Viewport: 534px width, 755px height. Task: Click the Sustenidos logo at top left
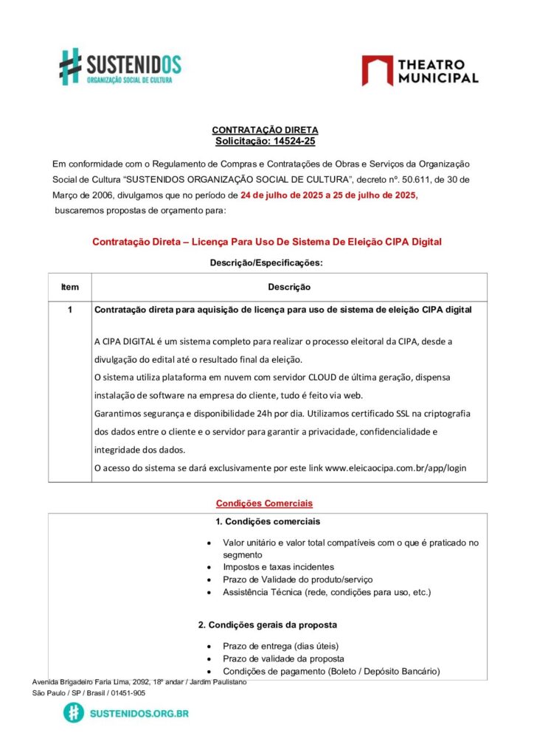120,66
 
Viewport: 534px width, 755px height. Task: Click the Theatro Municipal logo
420,71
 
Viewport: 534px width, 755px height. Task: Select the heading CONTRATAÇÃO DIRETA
265,130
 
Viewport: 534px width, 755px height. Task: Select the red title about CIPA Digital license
267,242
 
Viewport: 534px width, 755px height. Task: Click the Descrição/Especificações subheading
266,262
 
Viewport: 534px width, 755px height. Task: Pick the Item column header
70,287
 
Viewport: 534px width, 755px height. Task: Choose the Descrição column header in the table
288,287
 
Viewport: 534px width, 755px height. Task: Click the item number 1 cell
70,310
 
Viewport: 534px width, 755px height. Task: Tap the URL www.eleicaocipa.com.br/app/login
395,467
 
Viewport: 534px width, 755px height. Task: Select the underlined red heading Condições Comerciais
264,504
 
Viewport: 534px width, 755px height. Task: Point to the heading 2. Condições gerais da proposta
268,624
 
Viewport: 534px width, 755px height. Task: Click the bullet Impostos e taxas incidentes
278,567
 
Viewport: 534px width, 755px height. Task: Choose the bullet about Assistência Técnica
326,592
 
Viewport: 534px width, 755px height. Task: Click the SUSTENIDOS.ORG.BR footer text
139,713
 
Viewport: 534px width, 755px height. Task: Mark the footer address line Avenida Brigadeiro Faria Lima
139,682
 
